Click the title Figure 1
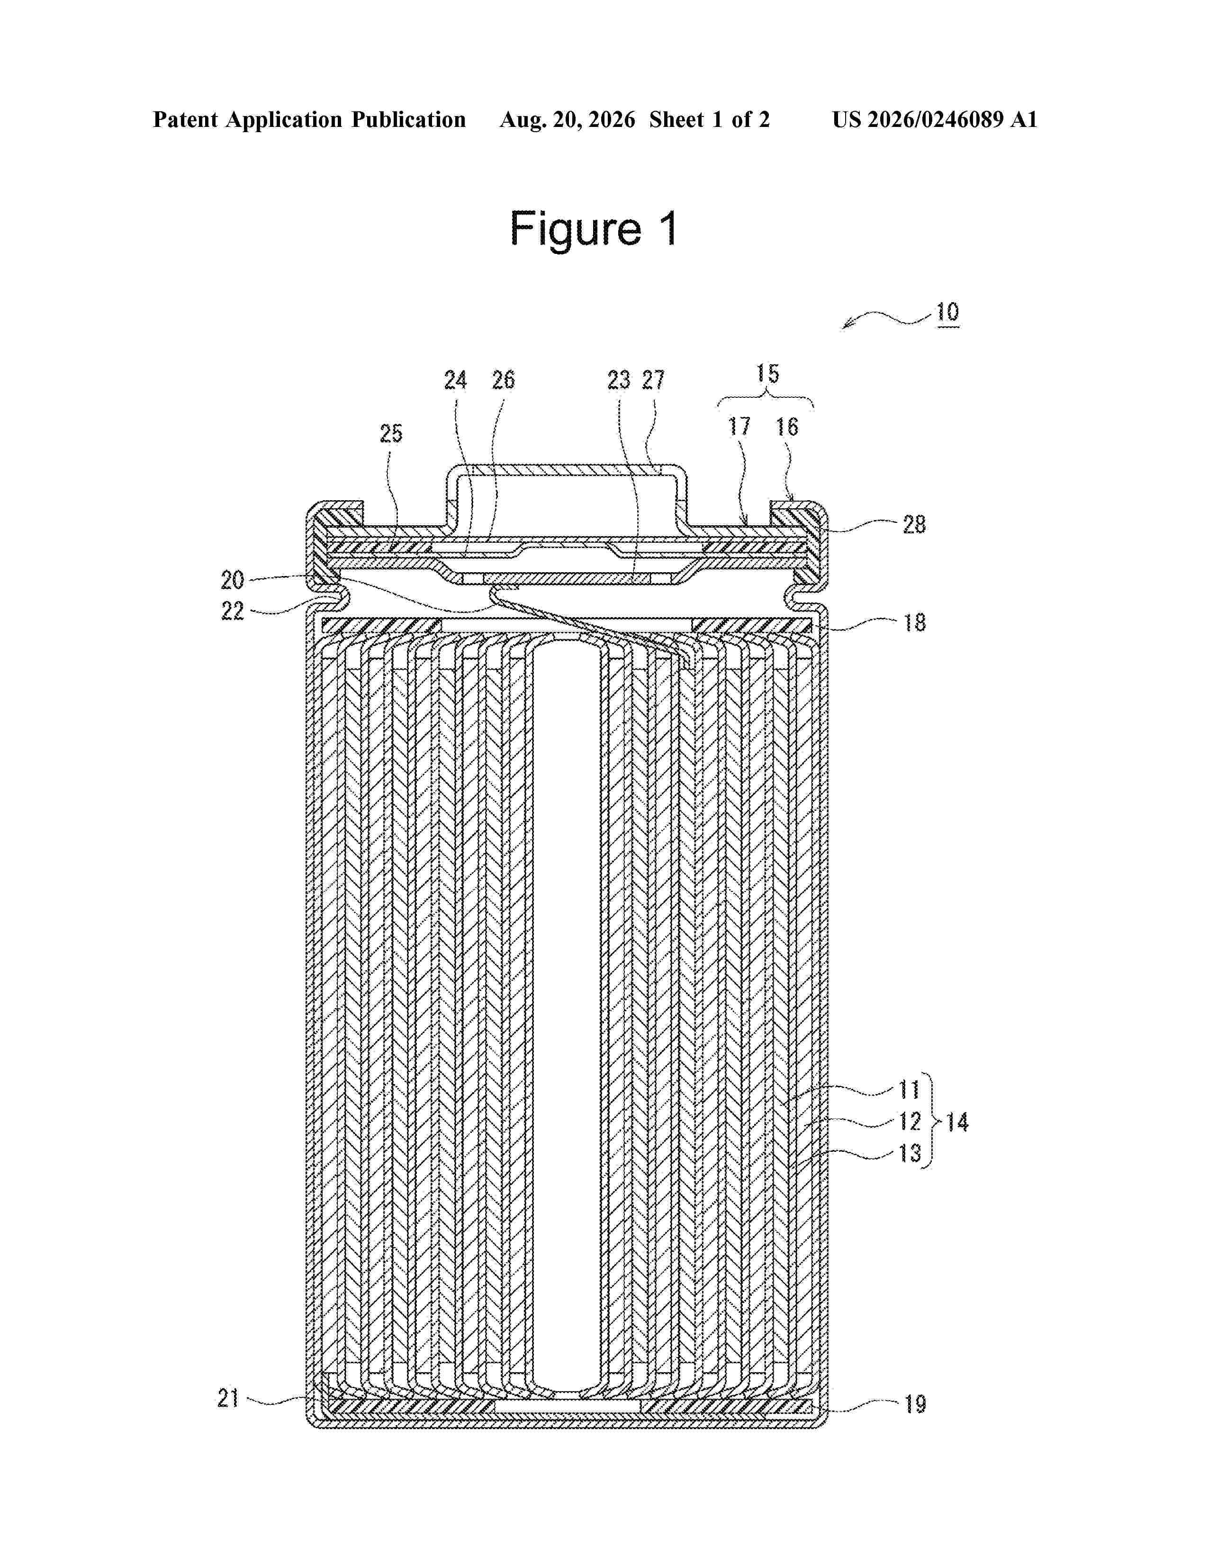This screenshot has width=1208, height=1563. point(593,229)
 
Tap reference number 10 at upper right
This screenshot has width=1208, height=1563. point(947,312)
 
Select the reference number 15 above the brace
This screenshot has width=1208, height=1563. point(767,374)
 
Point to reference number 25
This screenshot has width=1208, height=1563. point(391,433)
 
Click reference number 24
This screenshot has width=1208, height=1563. point(455,380)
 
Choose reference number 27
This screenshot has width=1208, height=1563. point(653,380)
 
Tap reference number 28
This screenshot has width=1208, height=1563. point(914,525)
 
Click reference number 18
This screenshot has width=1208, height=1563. point(914,623)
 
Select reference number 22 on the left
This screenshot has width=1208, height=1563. point(232,611)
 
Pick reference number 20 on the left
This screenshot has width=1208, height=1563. point(232,579)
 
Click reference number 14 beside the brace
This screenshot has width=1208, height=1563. point(957,1122)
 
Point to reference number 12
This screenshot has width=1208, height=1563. point(910,1122)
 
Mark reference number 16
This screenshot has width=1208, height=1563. point(786,427)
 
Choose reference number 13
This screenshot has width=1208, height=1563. point(910,1153)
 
